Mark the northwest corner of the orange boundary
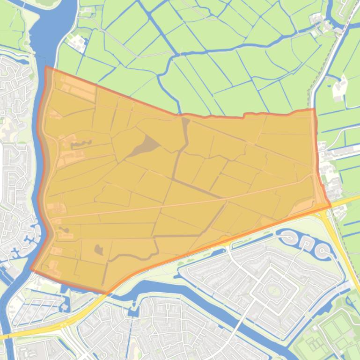[46, 67]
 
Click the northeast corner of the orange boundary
[314, 109]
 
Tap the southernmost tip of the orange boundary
[107, 293]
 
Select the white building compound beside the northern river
[78, 43]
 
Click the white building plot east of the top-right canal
[340, 88]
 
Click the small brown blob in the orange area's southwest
[99, 250]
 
